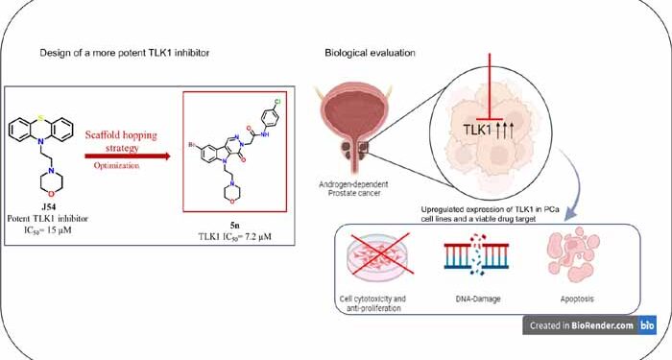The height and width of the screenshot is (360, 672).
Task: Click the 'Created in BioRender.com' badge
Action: point(589,325)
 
